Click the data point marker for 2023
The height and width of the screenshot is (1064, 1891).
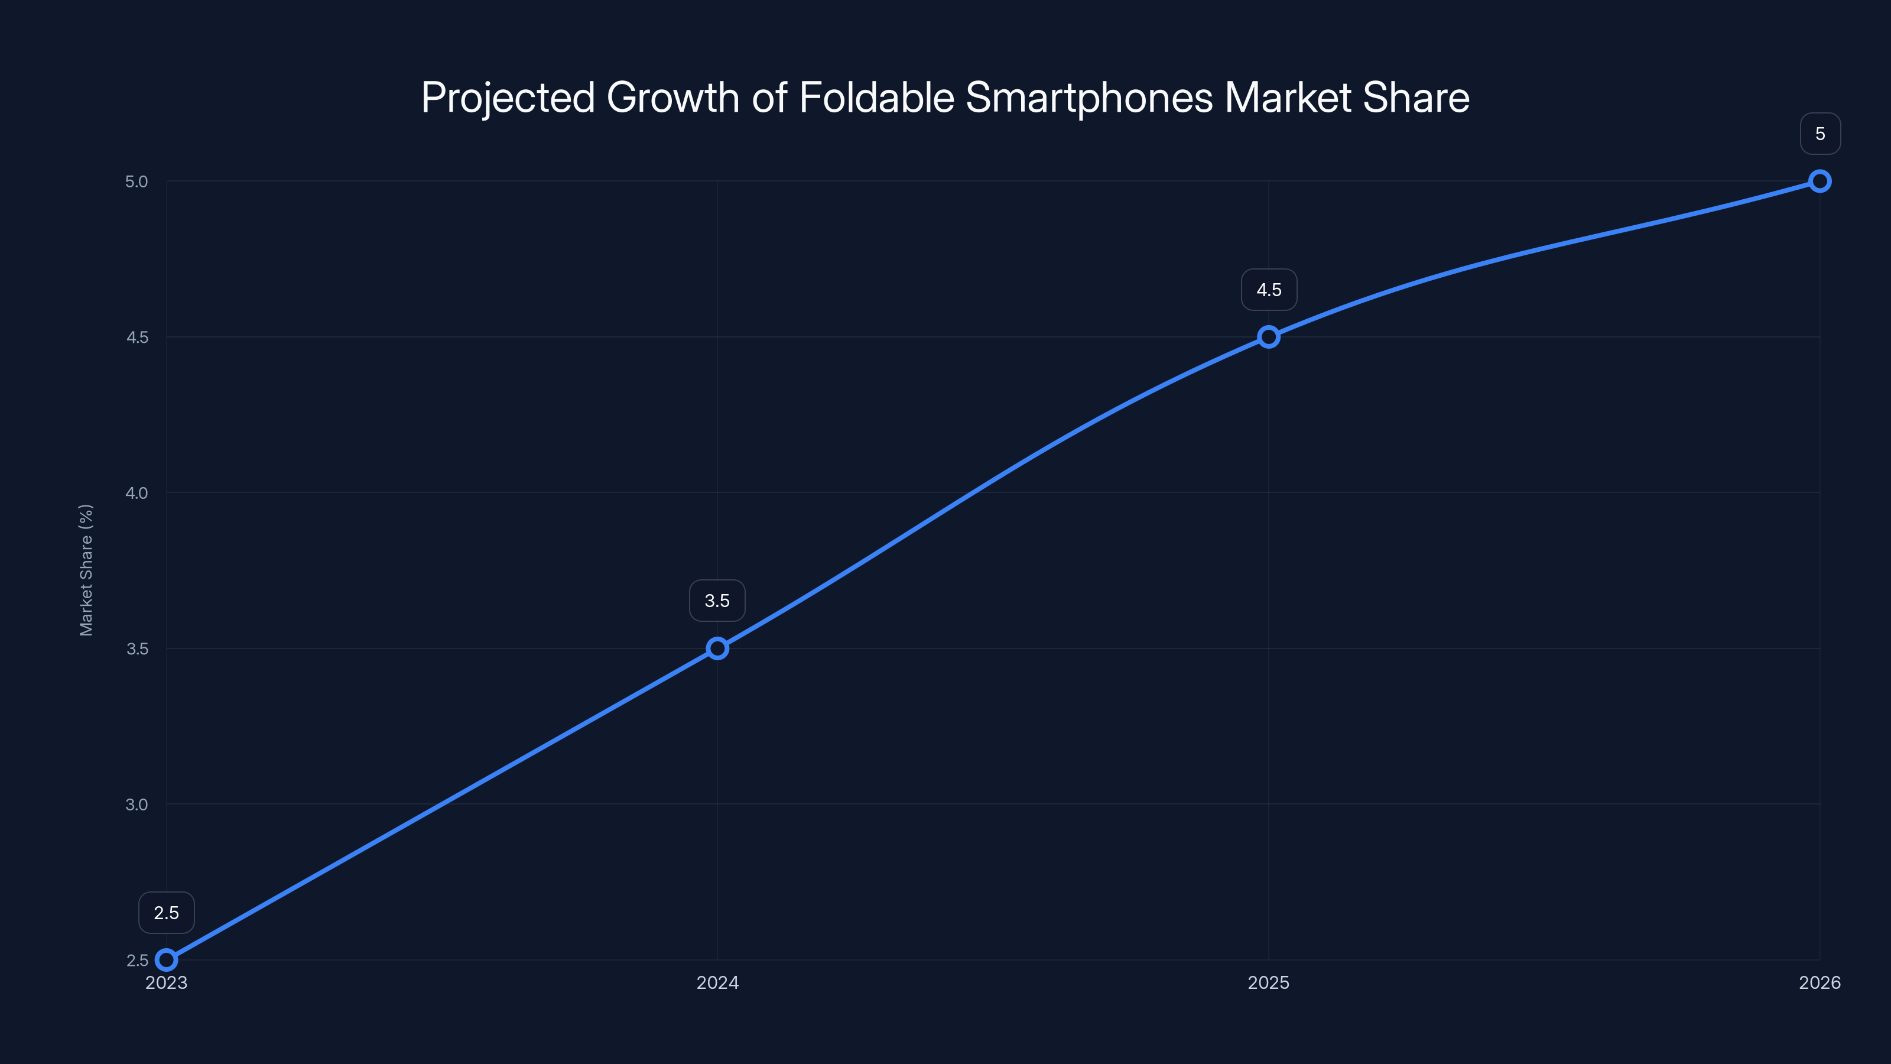pos(167,960)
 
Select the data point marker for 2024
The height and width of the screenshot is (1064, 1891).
pos(717,648)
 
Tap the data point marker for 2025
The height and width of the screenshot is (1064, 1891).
pos(1269,337)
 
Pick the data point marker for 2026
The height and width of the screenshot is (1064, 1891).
pos(1820,181)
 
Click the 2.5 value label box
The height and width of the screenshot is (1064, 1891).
pos(167,913)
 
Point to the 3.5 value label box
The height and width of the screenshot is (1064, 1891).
pos(717,601)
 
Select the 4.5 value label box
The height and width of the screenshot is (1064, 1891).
pos(1269,290)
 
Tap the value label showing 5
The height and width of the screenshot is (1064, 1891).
pos(1820,134)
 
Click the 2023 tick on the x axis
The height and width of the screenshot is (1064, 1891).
pos(167,982)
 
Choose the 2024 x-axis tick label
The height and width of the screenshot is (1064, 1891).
pos(717,982)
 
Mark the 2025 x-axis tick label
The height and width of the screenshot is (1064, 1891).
pos(1269,982)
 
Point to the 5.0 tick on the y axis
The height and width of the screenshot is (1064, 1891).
pos(137,181)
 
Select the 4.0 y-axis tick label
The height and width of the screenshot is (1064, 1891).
pos(137,493)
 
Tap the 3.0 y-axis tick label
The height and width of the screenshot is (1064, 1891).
pos(137,804)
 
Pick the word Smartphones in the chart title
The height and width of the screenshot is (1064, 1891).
pos(1089,98)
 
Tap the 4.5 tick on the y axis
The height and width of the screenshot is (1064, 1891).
pos(137,337)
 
